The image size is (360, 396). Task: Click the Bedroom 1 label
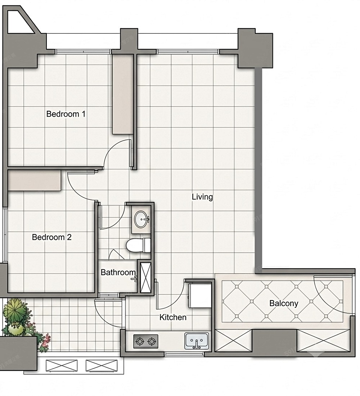pos(66,114)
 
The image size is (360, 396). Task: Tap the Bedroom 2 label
pos(51,237)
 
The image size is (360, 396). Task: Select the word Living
pos(202,197)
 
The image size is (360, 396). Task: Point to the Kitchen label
pos(173,317)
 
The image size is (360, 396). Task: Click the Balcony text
pos(284,303)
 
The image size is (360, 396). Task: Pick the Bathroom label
pos(118,272)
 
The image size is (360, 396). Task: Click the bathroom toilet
pos(139,245)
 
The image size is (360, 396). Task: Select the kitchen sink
pos(197,341)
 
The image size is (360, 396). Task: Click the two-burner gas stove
pos(146,341)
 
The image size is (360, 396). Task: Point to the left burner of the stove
pos(139,342)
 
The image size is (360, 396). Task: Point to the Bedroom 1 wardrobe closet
pos(123,94)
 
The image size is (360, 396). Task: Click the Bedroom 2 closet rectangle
pos(34,180)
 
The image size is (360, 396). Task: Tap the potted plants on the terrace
pos(24,320)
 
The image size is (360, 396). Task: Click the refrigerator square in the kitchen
pos(200,295)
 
